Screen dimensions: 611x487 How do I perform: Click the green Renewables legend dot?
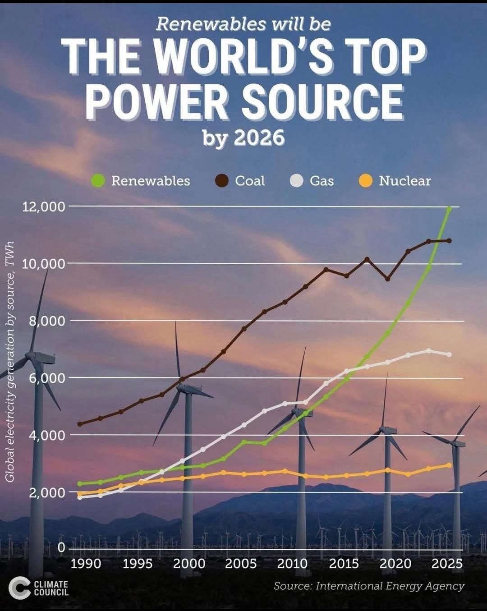pos(98,181)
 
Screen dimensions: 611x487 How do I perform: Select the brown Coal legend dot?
pos(222,181)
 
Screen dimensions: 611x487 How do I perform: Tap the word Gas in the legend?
pos(322,181)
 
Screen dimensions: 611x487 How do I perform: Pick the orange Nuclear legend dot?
pos(365,181)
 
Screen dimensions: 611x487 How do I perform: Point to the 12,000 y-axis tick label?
pos(44,207)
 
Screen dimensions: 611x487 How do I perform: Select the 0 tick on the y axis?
pos(61,547)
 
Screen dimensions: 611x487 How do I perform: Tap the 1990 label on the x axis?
pos(86,564)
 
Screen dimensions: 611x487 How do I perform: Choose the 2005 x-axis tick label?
pos(241,564)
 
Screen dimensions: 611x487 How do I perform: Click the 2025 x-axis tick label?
pos(447,564)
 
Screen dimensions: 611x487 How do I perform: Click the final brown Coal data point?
pos(449,241)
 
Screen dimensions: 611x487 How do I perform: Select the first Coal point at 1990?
pos(80,424)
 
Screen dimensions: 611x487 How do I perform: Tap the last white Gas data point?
pos(449,354)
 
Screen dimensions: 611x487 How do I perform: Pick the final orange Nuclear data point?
pos(449,465)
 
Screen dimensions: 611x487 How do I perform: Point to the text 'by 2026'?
pos(243,138)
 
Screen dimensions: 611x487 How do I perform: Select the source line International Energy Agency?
pos(369,586)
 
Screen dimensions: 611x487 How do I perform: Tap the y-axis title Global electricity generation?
pos(10,361)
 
